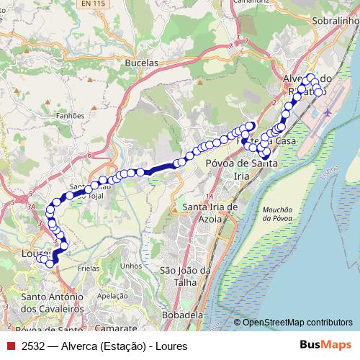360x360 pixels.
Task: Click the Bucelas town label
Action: (141, 63)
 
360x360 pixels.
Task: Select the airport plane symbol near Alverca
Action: (328, 112)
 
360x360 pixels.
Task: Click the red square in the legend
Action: (12, 346)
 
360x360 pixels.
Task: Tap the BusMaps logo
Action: (325, 346)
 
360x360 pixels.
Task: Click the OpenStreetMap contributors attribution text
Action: (297, 323)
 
